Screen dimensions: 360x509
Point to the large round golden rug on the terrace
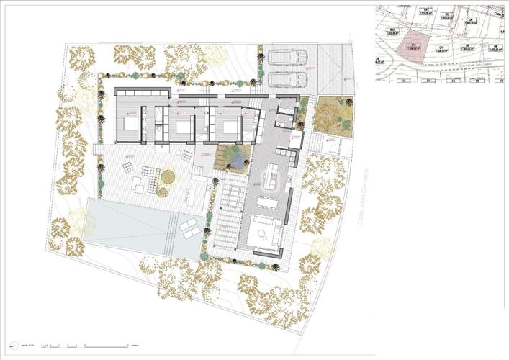click(x=168, y=176)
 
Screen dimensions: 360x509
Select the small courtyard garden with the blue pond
click(x=235, y=154)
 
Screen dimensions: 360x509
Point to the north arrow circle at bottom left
click(x=13, y=344)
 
